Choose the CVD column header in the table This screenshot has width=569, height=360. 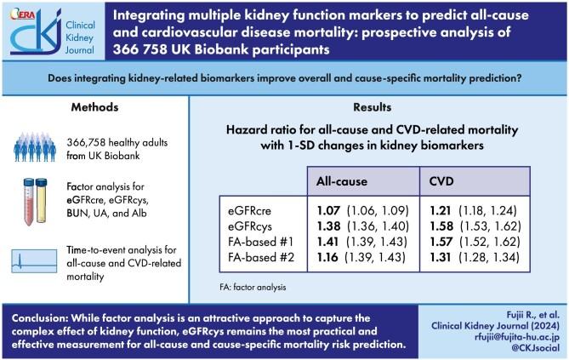[441, 181]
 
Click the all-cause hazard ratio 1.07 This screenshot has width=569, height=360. [327, 209]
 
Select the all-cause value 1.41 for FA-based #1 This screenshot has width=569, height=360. [327, 241]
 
